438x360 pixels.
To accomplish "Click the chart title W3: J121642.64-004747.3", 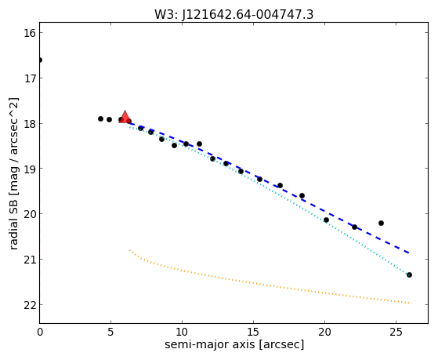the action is pyautogui.click(x=233, y=15).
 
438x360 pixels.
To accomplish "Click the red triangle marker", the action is pyautogui.click(x=125, y=118).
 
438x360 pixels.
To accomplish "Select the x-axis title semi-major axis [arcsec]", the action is pyautogui.click(x=234, y=344).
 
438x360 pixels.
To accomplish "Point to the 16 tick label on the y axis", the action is pyautogui.click(x=30, y=33).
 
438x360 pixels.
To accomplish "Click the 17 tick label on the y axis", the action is pyautogui.click(x=30, y=78).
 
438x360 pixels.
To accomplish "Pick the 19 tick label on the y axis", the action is pyautogui.click(x=30, y=169).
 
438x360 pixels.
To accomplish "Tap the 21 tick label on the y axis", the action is pyautogui.click(x=30, y=260).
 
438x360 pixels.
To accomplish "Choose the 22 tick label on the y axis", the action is pyautogui.click(x=30, y=305).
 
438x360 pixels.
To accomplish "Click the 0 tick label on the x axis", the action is pyautogui.click(x=40, y=332).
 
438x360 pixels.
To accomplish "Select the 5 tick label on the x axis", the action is pyautogui.click(x=111, y=332).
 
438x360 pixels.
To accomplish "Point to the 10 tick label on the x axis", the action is pyautogui.click(x=182, y=332).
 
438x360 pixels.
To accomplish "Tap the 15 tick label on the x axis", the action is pyautogui.click(x=253, y=332).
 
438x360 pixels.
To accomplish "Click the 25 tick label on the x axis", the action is pyautogui.click(x=396, y=332).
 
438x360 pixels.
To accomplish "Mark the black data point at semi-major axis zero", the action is pyautogui.click(x=40, y=60).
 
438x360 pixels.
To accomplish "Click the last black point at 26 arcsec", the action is pyautogui.click(x=409, y=275).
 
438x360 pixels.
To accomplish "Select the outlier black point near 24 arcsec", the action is pyautogui.click(x=381, y=224).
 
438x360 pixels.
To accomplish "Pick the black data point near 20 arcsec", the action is pyautogui.click(x=326, y=220).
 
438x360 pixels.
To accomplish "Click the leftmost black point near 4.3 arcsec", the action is pyautogui.click(x=100, y=119).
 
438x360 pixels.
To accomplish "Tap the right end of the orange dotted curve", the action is pyautogui.click(x=409, y=303).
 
